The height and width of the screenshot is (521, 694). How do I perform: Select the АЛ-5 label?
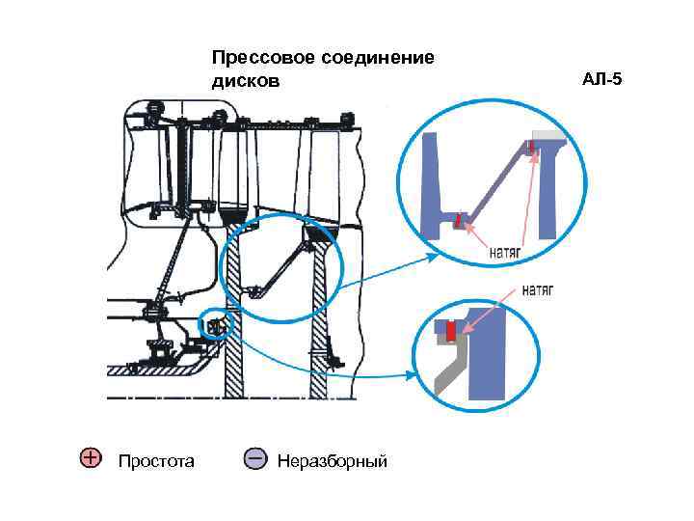point(602,78)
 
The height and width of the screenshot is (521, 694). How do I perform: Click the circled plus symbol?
point(89,457)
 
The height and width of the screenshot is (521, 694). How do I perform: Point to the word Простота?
point(156,461)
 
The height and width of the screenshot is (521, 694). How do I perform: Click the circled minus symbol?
point(255,457)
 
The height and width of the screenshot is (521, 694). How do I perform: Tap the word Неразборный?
point(332,461)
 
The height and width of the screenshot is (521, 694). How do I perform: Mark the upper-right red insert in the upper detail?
point(530,148)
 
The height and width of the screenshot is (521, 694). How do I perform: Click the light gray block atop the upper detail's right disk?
point(549,136)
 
